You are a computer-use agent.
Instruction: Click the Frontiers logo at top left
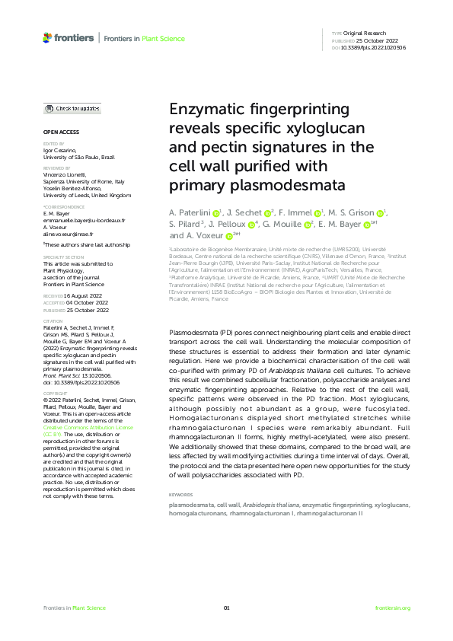tap(69, 37)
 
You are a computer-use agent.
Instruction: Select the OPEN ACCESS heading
tap(60, 132)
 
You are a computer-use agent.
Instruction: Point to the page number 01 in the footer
tap(226, 608)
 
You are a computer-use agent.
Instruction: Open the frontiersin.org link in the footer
tap(393, 608)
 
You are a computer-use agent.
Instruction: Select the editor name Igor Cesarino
tap(62, 151)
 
